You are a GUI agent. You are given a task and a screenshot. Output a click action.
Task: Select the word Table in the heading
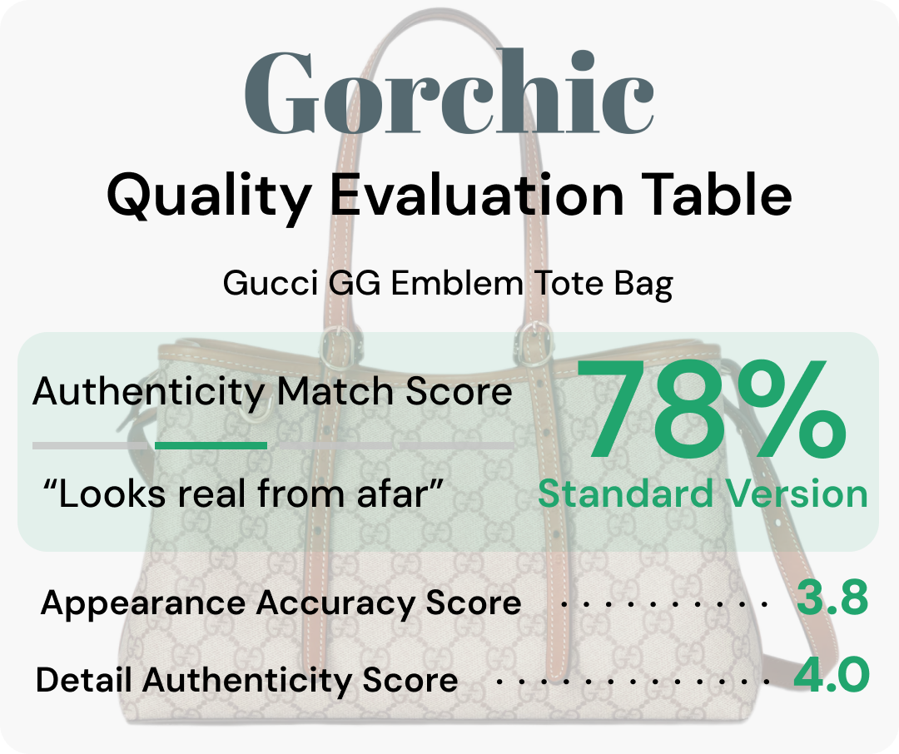tap(717, 194)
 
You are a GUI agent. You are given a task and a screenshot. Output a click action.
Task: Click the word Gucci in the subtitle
tap(270, 283)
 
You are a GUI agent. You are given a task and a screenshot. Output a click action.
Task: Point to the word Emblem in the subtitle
tap(457, 283)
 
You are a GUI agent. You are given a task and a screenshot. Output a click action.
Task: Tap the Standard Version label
tap(703, 494)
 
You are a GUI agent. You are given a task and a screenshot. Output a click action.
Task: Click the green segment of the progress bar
tap(211, 445)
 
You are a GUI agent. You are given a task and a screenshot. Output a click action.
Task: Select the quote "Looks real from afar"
tap(243, 494)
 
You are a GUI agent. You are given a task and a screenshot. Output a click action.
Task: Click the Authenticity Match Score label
tap(272, 392)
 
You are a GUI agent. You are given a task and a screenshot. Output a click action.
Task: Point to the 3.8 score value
tap(832, 598)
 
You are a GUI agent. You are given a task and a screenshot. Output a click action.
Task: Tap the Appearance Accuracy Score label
tap(281, 603)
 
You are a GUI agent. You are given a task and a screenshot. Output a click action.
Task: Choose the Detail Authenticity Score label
tap(246, 681)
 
